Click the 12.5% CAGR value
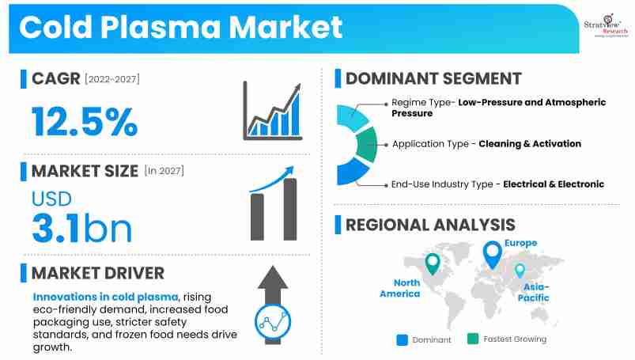coord(85,122)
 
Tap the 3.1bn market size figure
coord(81,227)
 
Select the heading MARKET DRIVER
coord(98,274)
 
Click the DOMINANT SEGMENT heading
coord(433,78)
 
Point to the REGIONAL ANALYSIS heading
coord(430,225)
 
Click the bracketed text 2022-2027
coord(111,79)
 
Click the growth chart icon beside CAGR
coord(273,112)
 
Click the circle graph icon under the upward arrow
coord(274,320)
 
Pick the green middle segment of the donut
coord(366,145)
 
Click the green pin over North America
coord(432,263)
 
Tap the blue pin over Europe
coord(493,255)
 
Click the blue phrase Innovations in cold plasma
coord(106,295)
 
